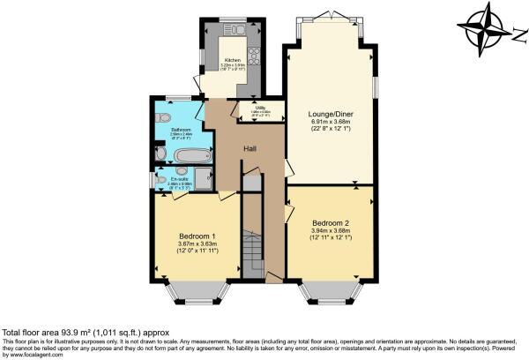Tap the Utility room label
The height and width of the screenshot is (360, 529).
[262, 108]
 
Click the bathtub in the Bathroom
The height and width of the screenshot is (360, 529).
[191, 156]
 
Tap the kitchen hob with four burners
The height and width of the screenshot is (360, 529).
[253, 57]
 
